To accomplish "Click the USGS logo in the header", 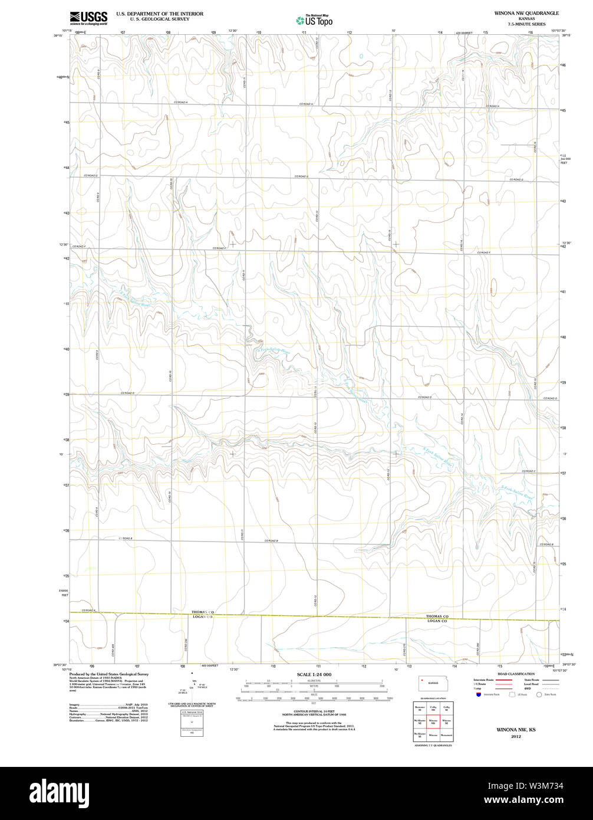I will (x=88, y=18).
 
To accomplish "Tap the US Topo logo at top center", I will (x=314, y=20).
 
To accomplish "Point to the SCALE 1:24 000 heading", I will (x=314, y=674).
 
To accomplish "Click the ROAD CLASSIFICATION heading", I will (x=515, y=674).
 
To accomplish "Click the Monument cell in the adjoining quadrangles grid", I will (x=446, y=735).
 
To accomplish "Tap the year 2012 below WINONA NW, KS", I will (x=516, y=737).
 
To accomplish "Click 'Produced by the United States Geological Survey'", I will (x=108, y=674).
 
